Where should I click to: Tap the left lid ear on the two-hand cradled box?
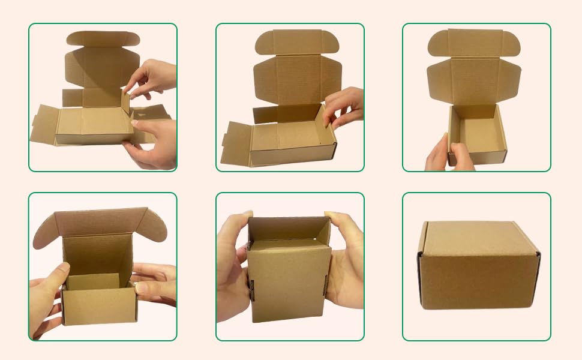[x=45, y=231]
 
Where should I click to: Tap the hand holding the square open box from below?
[x=444, y=156]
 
